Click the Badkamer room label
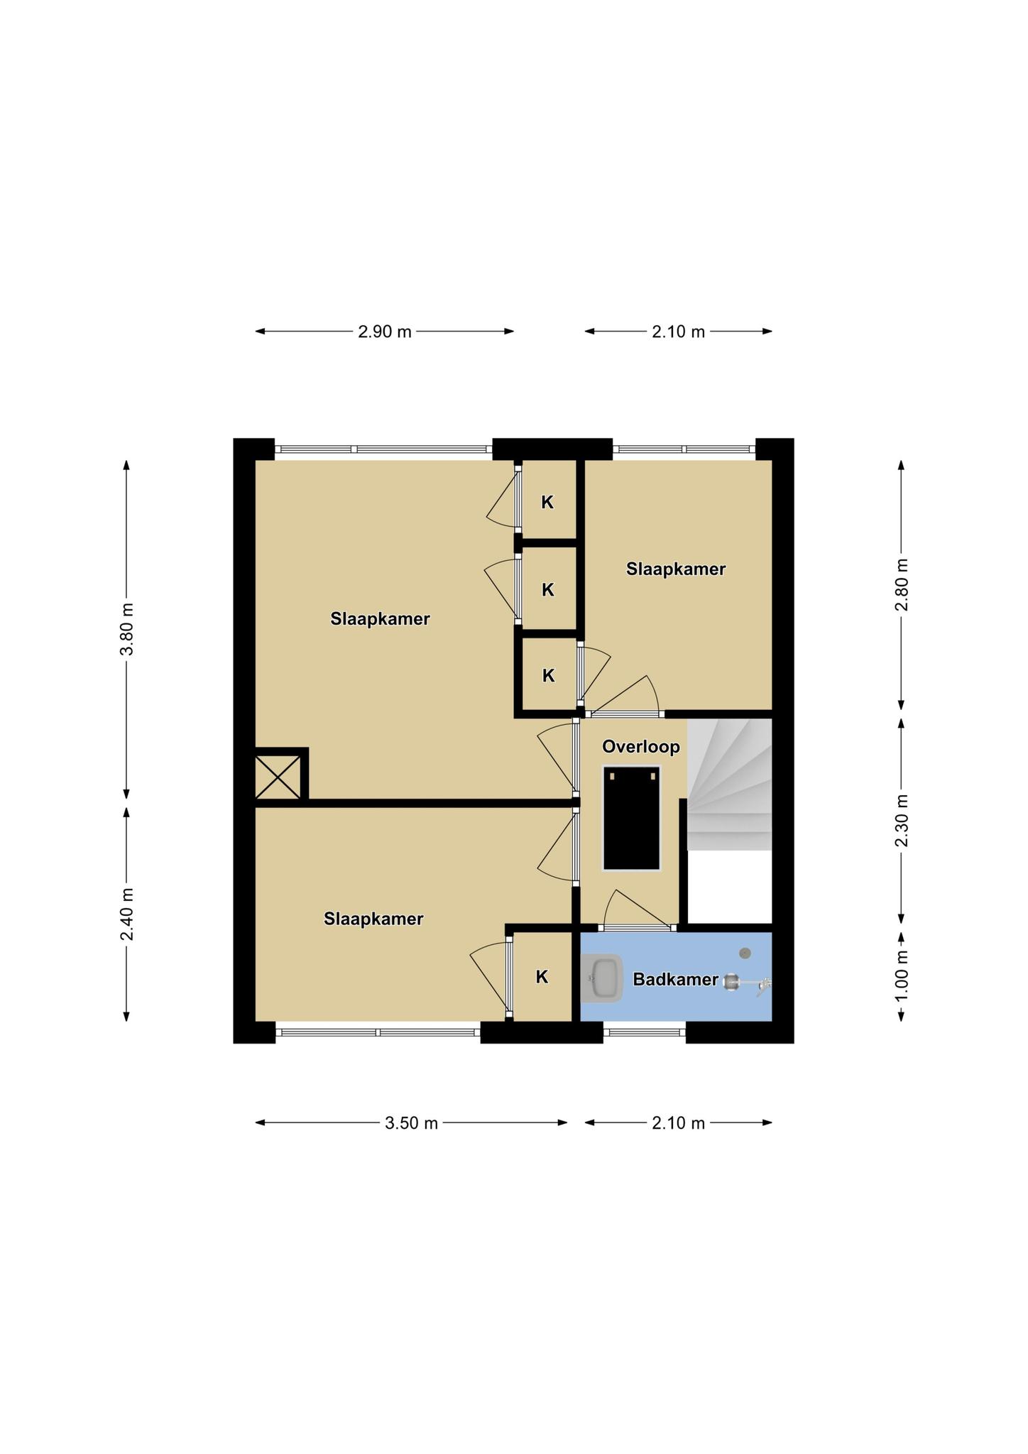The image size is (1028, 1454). click(675, 980)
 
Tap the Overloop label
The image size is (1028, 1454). click(641, 747)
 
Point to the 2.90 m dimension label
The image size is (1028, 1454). click(385, 332)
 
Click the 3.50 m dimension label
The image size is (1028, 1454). click(411, 1122)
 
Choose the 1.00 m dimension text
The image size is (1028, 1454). click(901, 976)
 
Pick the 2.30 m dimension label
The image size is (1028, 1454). click(901, 820)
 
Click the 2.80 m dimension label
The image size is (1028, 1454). click(901, 584)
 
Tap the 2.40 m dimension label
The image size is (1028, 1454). click(126, 914)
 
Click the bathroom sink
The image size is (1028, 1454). click(602, 978)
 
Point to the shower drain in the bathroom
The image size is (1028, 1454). click(745, 953)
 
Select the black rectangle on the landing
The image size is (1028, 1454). click(632, 817)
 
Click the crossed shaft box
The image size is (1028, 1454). click(278, 776)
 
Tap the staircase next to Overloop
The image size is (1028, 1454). click(729, 785)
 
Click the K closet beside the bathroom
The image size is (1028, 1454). click(542, 977)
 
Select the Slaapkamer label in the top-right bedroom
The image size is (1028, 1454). click(676, 569)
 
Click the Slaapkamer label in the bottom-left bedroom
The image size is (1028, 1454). click(373, 919)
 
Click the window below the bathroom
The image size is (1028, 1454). click(645, 1032)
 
